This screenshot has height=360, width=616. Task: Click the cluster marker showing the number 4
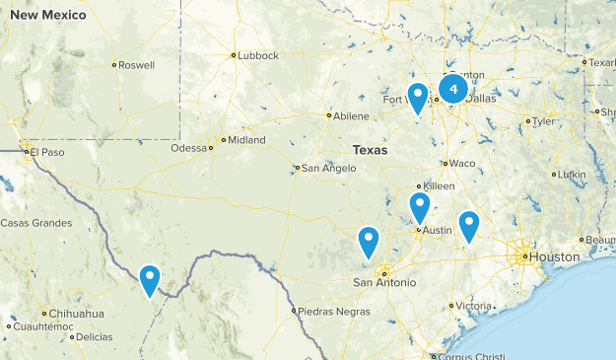452,90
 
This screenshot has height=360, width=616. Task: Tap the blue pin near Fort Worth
418,98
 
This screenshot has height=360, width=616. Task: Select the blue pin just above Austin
420,208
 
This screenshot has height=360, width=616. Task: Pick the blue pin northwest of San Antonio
368,242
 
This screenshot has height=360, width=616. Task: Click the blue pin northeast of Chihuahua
150,279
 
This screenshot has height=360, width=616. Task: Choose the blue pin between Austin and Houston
468,226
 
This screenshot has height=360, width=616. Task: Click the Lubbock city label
258,55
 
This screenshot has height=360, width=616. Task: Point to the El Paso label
46,152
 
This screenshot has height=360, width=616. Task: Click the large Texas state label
370,150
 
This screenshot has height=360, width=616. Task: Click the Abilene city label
351,115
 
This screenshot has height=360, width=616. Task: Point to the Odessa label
189,148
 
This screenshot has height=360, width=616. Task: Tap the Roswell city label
137,65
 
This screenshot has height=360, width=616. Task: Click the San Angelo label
328,168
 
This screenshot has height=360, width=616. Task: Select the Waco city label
461,163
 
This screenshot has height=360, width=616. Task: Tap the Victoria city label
473,306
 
